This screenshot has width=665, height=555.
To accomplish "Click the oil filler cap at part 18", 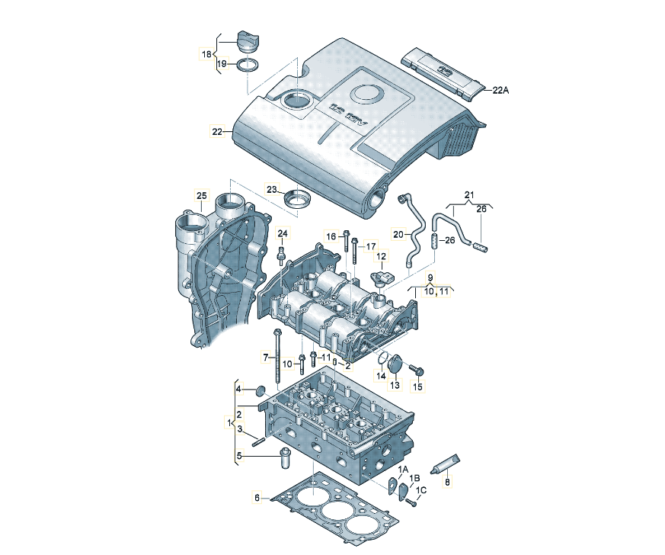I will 248,39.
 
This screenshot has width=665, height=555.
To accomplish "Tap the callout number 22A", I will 500,90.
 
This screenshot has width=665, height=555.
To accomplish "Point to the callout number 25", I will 201,196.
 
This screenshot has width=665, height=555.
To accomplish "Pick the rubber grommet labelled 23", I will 296,200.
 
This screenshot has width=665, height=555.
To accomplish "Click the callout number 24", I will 283,233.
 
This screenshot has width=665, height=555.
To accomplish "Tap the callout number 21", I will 469,195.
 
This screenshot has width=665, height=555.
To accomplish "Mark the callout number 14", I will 381,377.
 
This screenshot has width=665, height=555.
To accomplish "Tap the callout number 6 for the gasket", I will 257,498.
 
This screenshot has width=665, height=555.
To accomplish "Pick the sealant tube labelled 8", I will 446,465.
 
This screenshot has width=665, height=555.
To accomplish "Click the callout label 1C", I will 420,490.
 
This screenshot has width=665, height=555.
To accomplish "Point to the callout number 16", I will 331,236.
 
